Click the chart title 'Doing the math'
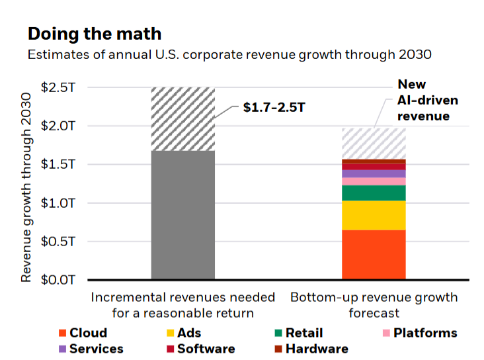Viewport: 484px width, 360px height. pos(94,34)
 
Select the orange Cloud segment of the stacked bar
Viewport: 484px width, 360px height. pos(373,255)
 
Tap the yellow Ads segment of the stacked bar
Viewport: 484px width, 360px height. pos(373,215)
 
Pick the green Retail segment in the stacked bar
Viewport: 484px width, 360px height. pos(373,193)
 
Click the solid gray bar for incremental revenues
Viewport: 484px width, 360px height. pos(183,215)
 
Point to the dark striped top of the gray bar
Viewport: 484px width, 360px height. pos(183,119)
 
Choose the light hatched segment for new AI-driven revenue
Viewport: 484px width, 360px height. pos(373,143)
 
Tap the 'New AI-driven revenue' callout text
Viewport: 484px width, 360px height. pos(423,101)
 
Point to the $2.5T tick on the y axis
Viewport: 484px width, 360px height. pos(60,87)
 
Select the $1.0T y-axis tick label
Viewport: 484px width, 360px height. pos(60,203)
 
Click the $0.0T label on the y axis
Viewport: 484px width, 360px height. pos(60,280)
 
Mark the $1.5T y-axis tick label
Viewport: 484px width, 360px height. pos(60,165)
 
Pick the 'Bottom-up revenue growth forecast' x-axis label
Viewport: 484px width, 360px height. pos(374,305)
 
